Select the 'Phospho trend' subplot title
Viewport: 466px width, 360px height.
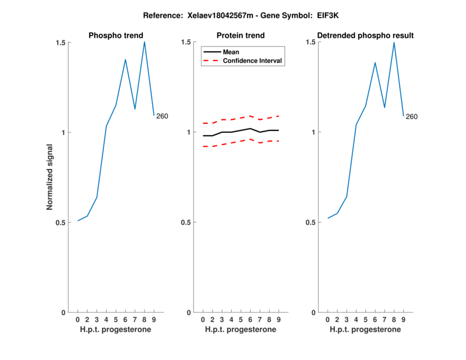(116, 36)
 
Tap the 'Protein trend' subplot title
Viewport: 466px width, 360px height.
(241, 36)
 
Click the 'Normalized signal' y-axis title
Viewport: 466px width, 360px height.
(50, 177)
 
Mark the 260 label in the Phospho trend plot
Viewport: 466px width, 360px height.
(162, 117)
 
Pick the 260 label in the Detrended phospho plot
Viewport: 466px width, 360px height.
(411, 117)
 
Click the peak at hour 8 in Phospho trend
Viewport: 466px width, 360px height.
(144, 41)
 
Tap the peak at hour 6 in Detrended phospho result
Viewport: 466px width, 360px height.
(375, 62)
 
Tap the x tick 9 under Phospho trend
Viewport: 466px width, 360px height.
(154, 320)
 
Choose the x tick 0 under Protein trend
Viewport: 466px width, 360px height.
(203, 320)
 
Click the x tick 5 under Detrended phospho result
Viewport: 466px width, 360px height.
(365, 320)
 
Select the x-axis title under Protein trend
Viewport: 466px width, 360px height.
(241, 330)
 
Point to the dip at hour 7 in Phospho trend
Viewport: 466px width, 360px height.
(135, 109)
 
